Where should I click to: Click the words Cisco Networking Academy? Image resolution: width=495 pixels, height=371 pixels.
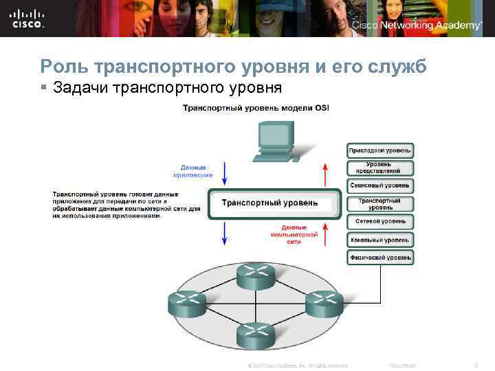417,25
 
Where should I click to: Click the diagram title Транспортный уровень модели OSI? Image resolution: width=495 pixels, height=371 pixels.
256,109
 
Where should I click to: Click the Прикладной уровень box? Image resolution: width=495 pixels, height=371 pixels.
380,150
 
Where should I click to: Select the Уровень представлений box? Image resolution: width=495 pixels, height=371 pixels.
380,168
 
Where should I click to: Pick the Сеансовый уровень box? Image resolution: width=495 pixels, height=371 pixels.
380,185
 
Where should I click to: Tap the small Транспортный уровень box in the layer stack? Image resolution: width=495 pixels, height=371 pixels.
380,203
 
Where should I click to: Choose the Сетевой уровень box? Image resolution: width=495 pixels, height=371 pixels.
380,222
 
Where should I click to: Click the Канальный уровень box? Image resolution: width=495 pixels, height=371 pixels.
380,240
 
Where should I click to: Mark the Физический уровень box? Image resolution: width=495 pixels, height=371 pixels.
380,258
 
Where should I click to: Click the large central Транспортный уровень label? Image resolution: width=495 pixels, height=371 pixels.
269,203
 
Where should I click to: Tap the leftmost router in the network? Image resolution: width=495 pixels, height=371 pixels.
186,303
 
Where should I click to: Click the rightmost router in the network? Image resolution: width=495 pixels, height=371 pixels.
324,303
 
